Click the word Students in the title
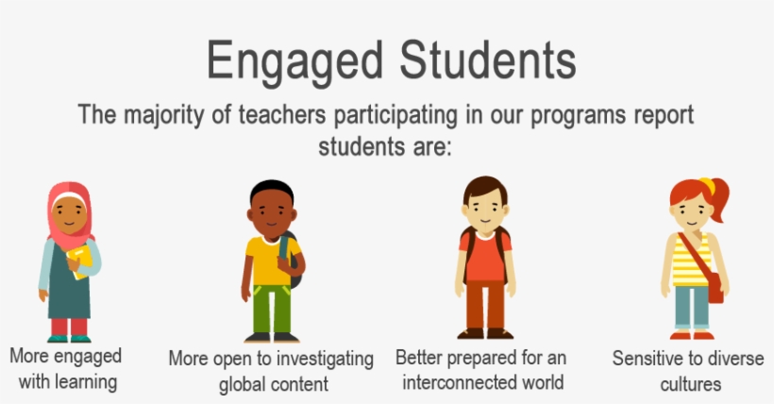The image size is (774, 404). [x=484, y=61]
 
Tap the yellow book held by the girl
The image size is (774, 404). [x=81, y=259]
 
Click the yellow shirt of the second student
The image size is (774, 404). [x=267, y=260]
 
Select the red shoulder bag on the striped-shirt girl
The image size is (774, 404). [x=715, y=284]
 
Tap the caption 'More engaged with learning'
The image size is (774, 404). [x=65, y=368]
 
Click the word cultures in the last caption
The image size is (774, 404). [x=692, y=383]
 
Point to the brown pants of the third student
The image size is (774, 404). [x=486, y=306]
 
